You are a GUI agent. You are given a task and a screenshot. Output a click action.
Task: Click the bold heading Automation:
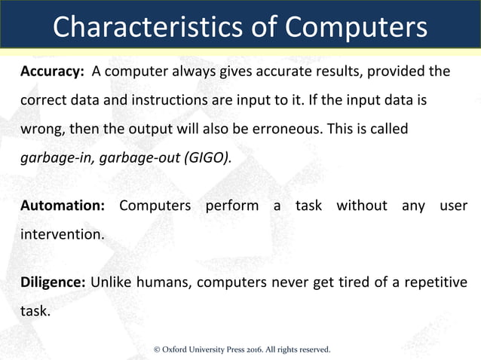(x=60, y=206)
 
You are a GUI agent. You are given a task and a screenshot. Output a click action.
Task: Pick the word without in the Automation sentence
(x=361, y=206)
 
